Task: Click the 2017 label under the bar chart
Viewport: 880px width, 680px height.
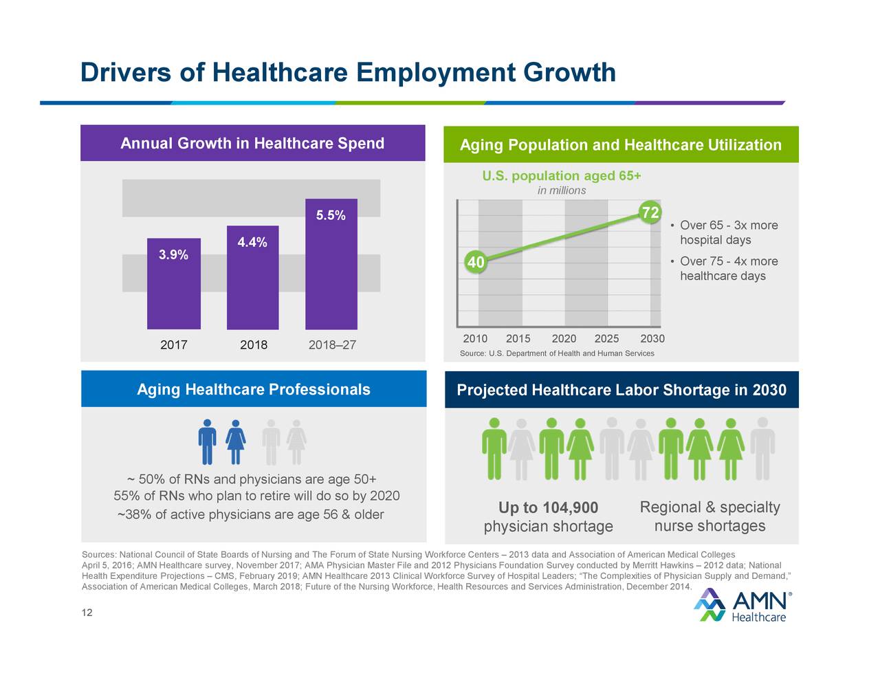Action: click(x=173, y=344)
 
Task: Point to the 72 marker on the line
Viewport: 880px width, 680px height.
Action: click(x=649, y=212)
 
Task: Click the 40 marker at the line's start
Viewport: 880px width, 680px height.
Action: click(x=475, y=263)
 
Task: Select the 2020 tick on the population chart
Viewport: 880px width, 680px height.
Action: click(x=564, y=338)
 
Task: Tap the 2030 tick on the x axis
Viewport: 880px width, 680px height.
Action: click(x=652, y=338)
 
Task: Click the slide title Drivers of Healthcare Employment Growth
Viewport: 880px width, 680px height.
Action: click(x=348, y=72)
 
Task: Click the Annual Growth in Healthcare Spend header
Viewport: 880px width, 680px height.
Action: click(x=252, y=143)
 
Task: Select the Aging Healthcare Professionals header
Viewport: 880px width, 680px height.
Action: click(x=253, y=390)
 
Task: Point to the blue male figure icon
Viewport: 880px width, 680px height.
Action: click(x=207, y=442)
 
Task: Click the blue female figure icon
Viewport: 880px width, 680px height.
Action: click(x=236, y=442)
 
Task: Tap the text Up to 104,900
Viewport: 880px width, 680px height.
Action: click(x=548, y=507)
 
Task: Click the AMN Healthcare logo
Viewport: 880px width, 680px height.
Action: click(x=741, y=605)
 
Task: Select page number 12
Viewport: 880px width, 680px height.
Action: click(x=87, y=613)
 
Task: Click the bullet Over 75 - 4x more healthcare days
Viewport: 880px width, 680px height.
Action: click(x=727, y=268)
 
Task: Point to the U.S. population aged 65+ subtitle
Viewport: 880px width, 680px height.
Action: click(x=561, y=176)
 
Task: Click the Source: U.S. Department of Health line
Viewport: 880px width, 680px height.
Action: click(x=556, y=353)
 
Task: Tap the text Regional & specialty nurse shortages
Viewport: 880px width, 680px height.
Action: click(x=709, y=516)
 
